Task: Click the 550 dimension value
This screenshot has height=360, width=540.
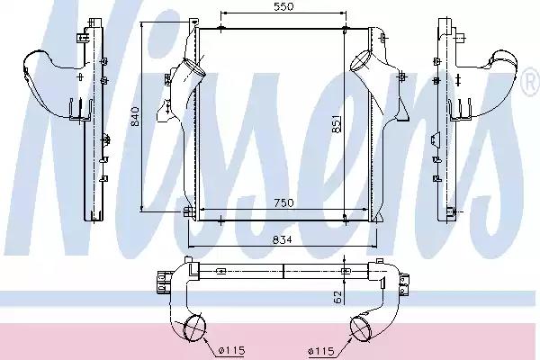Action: pyautogui.click(x=284, y=6)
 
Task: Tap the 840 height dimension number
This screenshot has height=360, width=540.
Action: pyautogui.click(x=135, y=116)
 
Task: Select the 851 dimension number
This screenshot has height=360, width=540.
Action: pyautogui.click(x=337, y=123)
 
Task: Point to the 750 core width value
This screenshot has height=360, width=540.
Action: pyautogui.click(x=283, y=202)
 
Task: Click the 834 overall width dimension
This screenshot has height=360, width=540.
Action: pyautogui.click(x=282, y=239)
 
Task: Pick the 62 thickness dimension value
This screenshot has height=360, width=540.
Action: pyautogui.click(x=337, y=298)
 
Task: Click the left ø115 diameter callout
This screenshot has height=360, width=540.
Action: pyautogui.click(x=232, y=351)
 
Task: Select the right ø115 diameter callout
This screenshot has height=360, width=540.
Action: pyautogui.click(x=321, y=351)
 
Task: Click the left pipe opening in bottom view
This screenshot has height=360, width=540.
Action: pyautogui.click(x=194, y=328)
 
